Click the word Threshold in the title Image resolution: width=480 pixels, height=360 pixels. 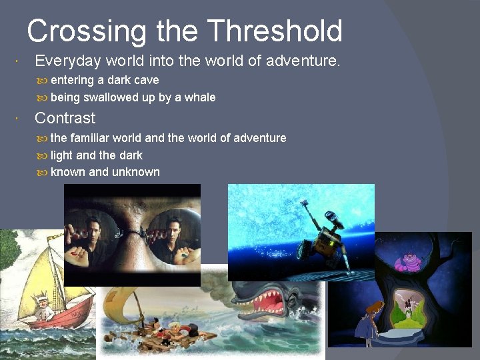(275, 31)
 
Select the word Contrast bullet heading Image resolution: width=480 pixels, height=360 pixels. (65, 118)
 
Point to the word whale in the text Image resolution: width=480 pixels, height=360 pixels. (200, 97)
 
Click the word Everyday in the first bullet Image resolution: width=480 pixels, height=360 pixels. (67, 61)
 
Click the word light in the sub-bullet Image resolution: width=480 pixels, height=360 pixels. (62, 155)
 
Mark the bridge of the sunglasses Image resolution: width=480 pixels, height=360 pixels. (133, 233)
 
